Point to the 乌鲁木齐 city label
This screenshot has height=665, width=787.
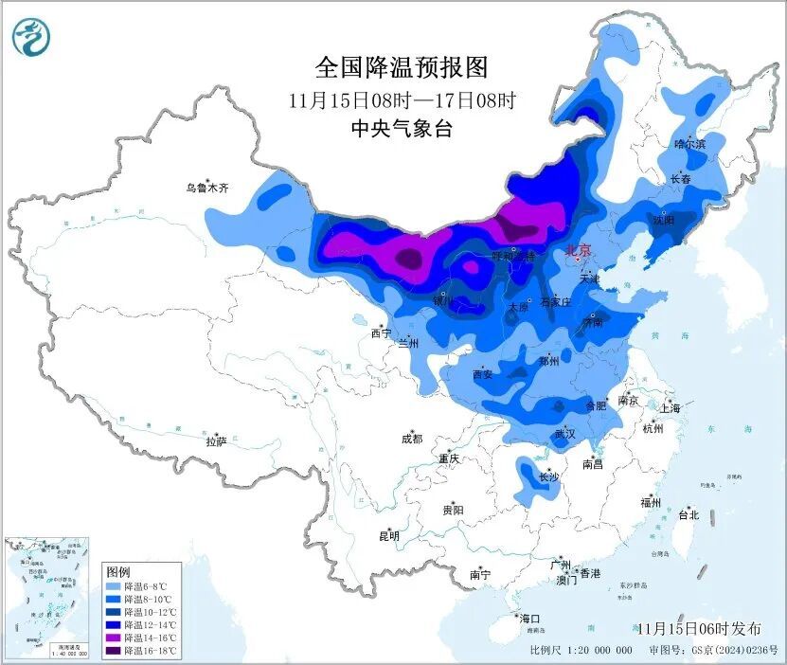pos(207,189)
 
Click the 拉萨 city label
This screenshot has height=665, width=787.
pos(217,440)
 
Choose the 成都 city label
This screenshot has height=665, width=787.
pos(412,439)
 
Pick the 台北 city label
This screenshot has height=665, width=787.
pos(688,515)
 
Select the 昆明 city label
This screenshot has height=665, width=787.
pos(389,536)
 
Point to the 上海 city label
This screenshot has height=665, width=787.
pos(671,408)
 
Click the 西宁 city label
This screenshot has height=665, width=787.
pos(381,333)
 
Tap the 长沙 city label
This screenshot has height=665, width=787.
pos(549,477)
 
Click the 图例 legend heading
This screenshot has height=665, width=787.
pos(118,572)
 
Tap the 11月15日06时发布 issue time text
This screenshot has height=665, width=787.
pos(699,628)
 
